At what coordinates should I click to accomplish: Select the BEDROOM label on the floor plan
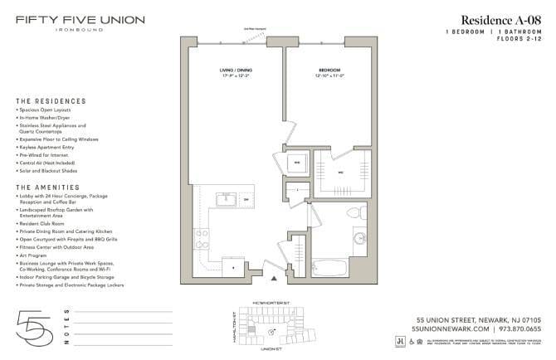[329, 70]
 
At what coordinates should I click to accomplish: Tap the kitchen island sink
[225, 199]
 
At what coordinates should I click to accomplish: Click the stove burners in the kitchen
[202, 240]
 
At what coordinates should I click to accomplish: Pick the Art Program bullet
[38, 255]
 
